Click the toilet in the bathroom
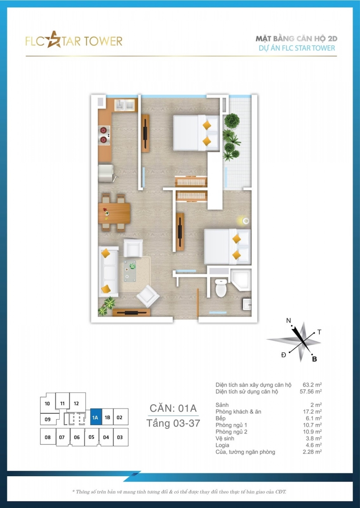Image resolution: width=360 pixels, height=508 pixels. coord(221,287)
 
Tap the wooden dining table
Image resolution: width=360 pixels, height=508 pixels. coord(114,213)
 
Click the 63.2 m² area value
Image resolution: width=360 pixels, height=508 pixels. coord(312,385)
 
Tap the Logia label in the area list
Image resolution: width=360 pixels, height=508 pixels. coord(222,445)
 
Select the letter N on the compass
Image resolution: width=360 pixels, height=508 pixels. coord(289,320)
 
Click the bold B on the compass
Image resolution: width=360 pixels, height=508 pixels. coord(314,359)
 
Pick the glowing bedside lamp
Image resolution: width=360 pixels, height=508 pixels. coord(245,221)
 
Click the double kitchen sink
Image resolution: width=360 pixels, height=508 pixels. coord(124,105)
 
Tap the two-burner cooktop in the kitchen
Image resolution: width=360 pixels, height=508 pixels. coord(104,135)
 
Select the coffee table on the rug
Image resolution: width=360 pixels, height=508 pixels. coord(130,271)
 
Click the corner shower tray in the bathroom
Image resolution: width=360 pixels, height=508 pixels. coord(241,280)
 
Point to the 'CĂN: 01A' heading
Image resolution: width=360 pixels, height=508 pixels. coord(173,408)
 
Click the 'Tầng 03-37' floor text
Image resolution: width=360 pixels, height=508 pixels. coord(173,423)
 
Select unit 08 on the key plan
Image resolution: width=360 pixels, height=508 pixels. coord(48,437)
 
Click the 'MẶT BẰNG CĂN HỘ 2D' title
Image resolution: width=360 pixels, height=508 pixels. coord(297,39)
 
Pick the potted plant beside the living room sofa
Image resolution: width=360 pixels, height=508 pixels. coord(106,306)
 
